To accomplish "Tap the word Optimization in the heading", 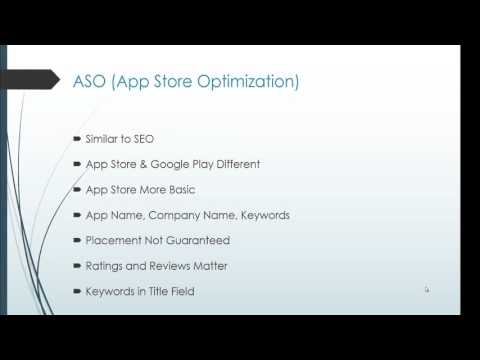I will coord(246,81).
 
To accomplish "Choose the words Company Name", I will coord(204,214).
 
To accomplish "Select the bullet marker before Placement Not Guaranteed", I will coord(79,240).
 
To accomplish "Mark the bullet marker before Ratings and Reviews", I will coord(79,267).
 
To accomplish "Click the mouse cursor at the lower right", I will coord(426,290).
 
